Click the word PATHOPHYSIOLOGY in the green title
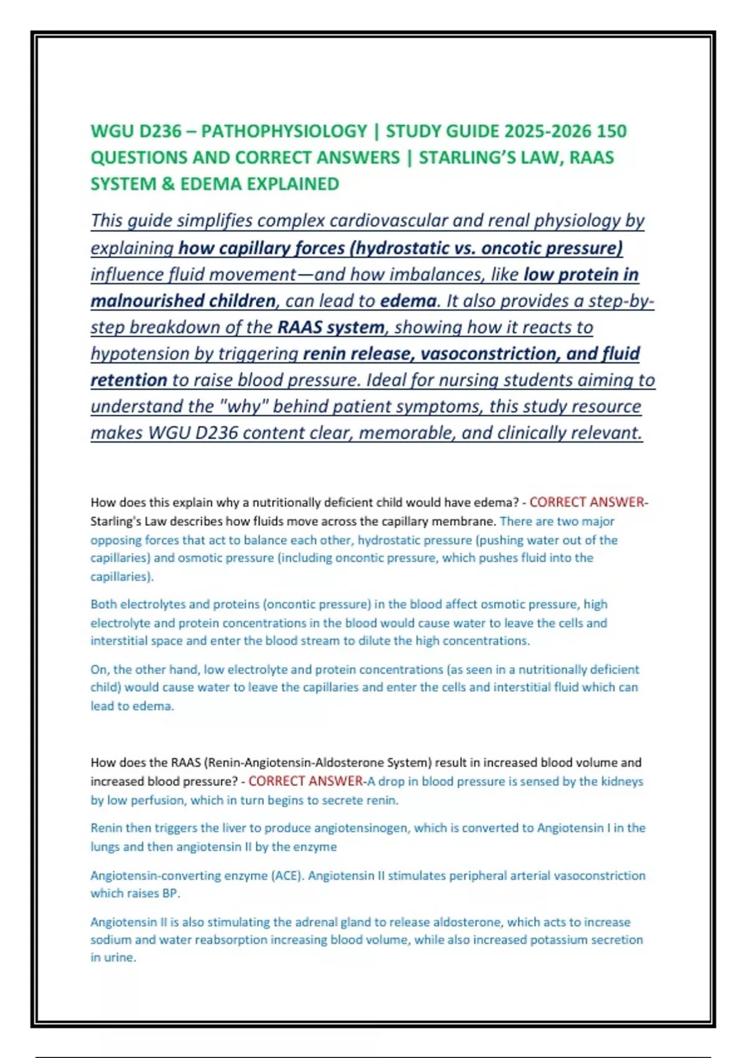(284, 131)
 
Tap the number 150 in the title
(611, 131)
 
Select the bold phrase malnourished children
(183, 301)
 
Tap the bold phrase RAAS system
(331, 327)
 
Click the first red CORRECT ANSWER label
(586, 502)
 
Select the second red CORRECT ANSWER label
(305, 781)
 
